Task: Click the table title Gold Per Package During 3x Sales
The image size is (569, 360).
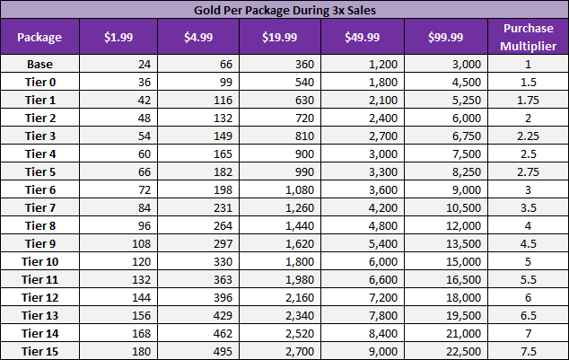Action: [284, 11]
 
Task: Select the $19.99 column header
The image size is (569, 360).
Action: [281, 38]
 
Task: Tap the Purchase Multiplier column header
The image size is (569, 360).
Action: [528, 38]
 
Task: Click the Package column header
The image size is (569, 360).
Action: [39, 38]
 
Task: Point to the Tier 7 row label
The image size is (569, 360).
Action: [39, 208]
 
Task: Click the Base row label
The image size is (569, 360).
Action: [39, 64]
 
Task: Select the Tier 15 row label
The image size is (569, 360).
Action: [39, 350]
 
